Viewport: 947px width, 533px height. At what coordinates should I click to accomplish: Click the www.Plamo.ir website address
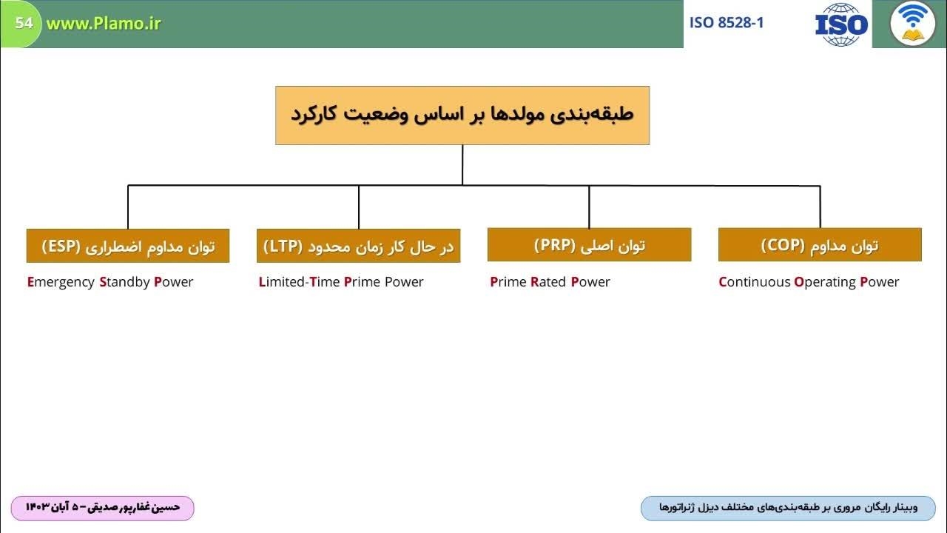click(104, 24)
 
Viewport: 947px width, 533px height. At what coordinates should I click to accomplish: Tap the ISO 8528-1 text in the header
click(727, 23)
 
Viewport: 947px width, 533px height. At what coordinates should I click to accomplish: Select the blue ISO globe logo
click(841, 24)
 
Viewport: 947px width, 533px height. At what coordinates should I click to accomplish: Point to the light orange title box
click(462, 115)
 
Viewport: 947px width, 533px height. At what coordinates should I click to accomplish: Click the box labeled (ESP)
click(128, 246)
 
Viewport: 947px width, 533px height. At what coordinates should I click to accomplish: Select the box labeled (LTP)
click(359, 246)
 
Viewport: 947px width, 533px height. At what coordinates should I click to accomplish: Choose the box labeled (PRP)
click(590, 245)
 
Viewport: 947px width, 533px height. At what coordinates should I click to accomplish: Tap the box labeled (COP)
click(820, 245)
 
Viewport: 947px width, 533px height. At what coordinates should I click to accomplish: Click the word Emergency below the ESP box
click(61, 282)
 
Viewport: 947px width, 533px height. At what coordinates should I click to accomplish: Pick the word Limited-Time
click(300, 282)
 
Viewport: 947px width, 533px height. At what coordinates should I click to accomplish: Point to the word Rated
click(548, 282)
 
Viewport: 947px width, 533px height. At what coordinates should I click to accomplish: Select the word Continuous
click(755, 282)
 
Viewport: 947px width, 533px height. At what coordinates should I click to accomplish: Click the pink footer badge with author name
click(103, 508)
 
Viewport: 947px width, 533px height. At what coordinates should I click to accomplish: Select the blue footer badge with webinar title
click(789, 508)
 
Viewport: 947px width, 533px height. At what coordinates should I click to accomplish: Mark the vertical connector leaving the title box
click(462, 165)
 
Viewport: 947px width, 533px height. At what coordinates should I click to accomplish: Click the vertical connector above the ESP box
click(128, 207)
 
